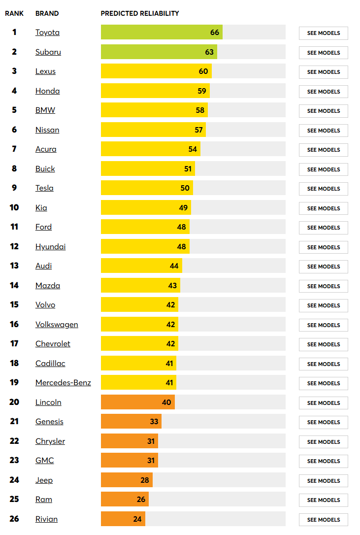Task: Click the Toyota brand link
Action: [47, 33]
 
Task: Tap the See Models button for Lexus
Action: [323, 72]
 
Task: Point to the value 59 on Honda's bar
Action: [201, 91]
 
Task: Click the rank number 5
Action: [14, 110]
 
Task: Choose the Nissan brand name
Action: [47, 130]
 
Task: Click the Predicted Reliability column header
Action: [140, 13]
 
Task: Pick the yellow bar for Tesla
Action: [147, 188]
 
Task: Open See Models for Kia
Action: [323, 208]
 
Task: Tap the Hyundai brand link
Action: [50, 247]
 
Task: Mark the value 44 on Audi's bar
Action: [174, 266]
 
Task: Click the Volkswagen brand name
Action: [57, 325]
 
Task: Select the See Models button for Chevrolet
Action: [323, 344]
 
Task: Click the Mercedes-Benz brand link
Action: [63, 383]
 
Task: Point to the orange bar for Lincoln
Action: [137, 402]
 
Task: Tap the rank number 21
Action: [14, 422]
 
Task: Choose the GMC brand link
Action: [45, 461]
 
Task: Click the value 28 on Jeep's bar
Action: [144, 480]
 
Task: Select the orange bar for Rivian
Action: [123, 519]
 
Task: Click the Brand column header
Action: [47, 13]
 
